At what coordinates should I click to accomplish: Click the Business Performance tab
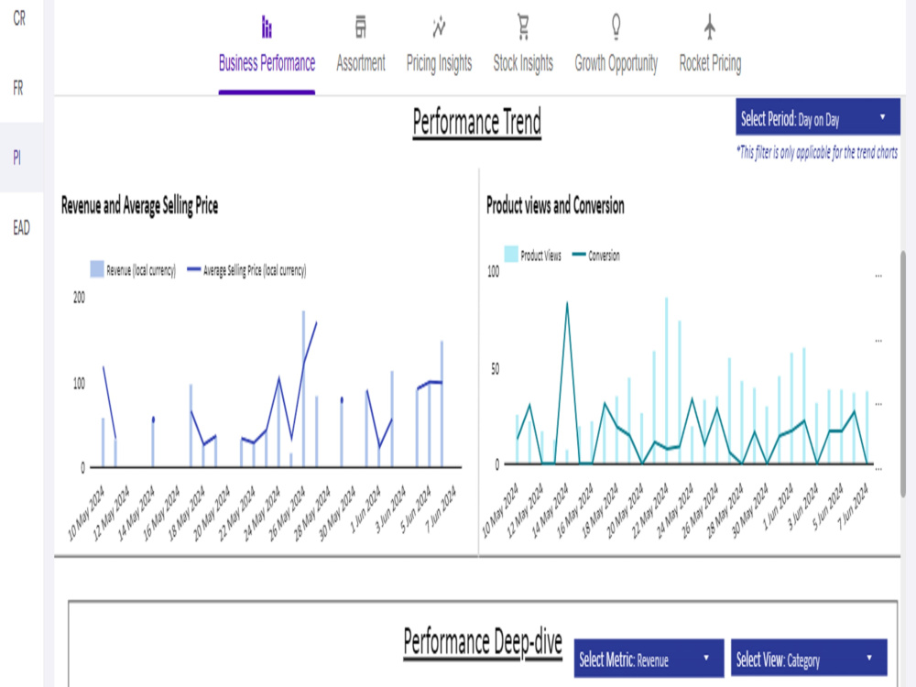coord(267,47)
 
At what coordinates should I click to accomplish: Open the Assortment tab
coord(360,47)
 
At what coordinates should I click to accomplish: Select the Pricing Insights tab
coord(440,47)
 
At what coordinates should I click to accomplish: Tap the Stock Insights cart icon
coord(523,27)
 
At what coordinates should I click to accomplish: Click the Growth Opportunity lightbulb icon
coord(616,27)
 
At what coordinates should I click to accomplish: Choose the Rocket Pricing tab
coord(710,47)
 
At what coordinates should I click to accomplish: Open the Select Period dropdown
coord(818,117)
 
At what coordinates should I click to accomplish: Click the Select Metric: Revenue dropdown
coord(649,659)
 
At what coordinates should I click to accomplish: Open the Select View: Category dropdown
coord(809,659)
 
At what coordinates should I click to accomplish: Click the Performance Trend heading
coord(476,122)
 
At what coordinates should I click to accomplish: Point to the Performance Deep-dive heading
coord(483,642)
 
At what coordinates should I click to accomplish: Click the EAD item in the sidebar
coord(21,227)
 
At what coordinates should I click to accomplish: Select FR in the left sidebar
coord(18,88)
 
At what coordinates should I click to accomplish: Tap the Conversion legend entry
coord(596,256)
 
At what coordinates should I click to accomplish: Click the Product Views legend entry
coord(533,255)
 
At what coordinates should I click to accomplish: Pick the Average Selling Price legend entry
coord(246,270)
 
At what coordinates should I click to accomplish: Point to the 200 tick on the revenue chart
coord(79,298)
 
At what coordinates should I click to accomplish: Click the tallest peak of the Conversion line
coord(567,302)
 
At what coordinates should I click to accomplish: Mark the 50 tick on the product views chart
coord(495,368)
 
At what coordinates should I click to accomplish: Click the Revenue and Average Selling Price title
coord(139,205)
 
